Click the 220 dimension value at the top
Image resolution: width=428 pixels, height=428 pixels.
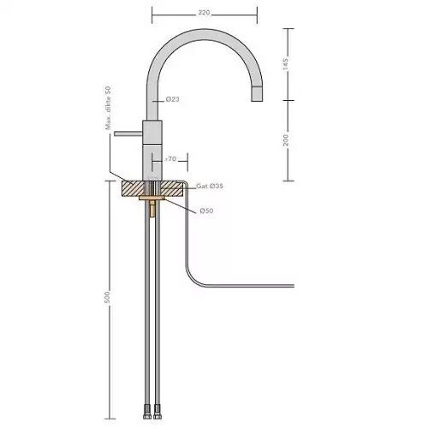[x=205, y=14]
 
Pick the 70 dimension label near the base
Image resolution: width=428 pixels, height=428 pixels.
[x=170, y=159]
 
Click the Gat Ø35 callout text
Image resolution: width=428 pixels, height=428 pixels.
[x=209, y=186]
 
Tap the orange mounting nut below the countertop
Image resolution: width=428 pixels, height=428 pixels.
[x=152, y=208]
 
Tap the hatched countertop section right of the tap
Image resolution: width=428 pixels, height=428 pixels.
[x=170, y=190]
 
